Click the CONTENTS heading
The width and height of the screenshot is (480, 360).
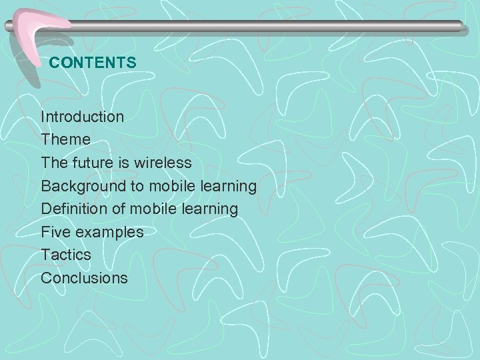[x=93, y=63]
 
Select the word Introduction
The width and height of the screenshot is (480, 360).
[x=82, y=117]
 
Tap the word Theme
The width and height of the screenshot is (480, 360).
[x=65, y=140]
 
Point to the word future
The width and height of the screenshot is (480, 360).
[x=92, y=163]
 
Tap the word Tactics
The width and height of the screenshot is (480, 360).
[x=66, y=255]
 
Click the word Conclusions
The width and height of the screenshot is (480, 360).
[x=84, y=278]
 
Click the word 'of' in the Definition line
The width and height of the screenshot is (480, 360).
[x=119, y=209]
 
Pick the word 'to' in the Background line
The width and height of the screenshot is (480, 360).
[x=137, y=186]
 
